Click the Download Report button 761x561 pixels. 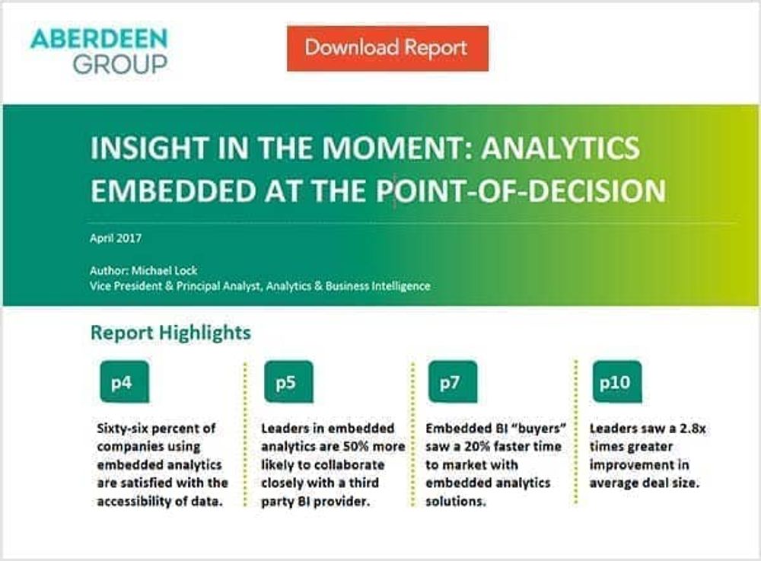[387, 49]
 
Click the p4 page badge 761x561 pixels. [124, 382]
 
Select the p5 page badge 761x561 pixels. [288, 382]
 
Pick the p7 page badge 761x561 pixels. [452, 382]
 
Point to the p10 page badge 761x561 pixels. [617, 382]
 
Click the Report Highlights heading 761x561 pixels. [170, 333]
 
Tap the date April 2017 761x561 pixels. [116, 238]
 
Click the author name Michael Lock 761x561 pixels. [164, 270]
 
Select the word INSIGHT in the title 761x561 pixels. [150, 148]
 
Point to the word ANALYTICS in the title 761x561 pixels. [561, 148]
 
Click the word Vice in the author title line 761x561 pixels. [100, 286]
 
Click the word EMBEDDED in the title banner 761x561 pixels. [174, 190]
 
